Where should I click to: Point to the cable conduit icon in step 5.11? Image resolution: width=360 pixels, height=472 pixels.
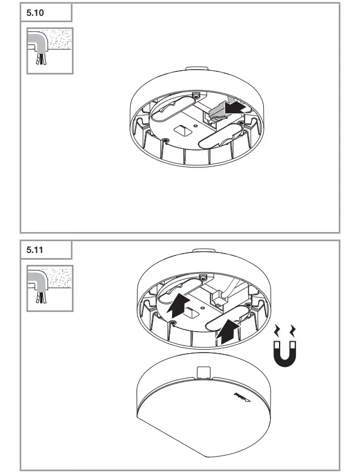50,288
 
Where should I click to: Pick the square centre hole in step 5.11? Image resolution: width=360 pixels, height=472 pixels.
191,311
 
